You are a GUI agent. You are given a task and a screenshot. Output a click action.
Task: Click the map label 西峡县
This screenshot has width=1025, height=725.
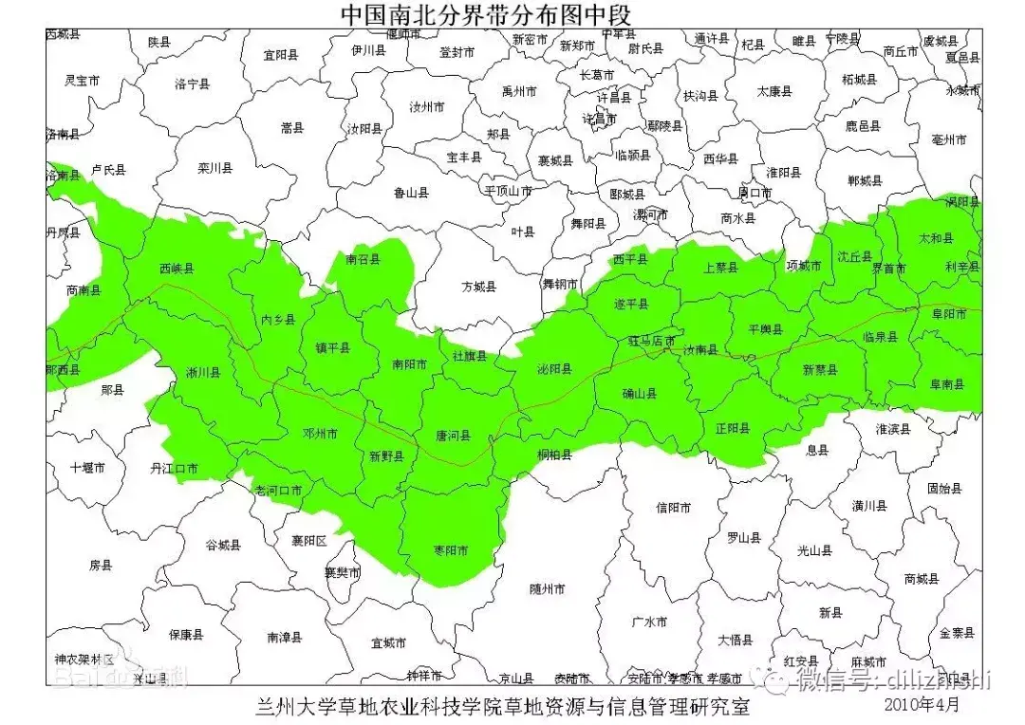(x=177, y=268)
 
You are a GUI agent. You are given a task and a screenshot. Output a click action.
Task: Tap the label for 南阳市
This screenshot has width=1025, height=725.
(x=409, y=363)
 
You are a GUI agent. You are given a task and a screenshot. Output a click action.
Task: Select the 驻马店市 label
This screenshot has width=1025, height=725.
(x=652, y=340)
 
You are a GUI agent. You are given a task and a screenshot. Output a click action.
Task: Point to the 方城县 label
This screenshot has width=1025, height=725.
(x=478, y=286)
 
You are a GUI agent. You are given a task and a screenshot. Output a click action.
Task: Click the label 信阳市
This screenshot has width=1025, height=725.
(x=674, y=507)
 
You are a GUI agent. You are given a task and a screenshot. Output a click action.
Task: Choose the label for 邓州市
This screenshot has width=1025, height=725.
(x=320, y=434)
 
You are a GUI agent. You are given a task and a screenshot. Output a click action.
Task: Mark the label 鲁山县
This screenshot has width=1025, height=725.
(x=411, y=193)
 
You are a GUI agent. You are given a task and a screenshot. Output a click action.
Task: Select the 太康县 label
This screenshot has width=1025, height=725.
(x=773, y=92)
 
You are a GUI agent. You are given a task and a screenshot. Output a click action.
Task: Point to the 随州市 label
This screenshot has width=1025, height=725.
(x=548, y=588)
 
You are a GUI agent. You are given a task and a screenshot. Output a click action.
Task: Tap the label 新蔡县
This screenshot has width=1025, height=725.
(x=820, y=369)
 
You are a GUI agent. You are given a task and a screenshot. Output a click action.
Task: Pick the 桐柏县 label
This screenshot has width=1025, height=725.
(x=554, y=455)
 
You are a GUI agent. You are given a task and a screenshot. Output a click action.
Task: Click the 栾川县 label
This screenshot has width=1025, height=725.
(x=215, y=168)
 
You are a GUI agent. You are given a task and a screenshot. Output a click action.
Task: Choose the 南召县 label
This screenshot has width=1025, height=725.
(x=363, y=259)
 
